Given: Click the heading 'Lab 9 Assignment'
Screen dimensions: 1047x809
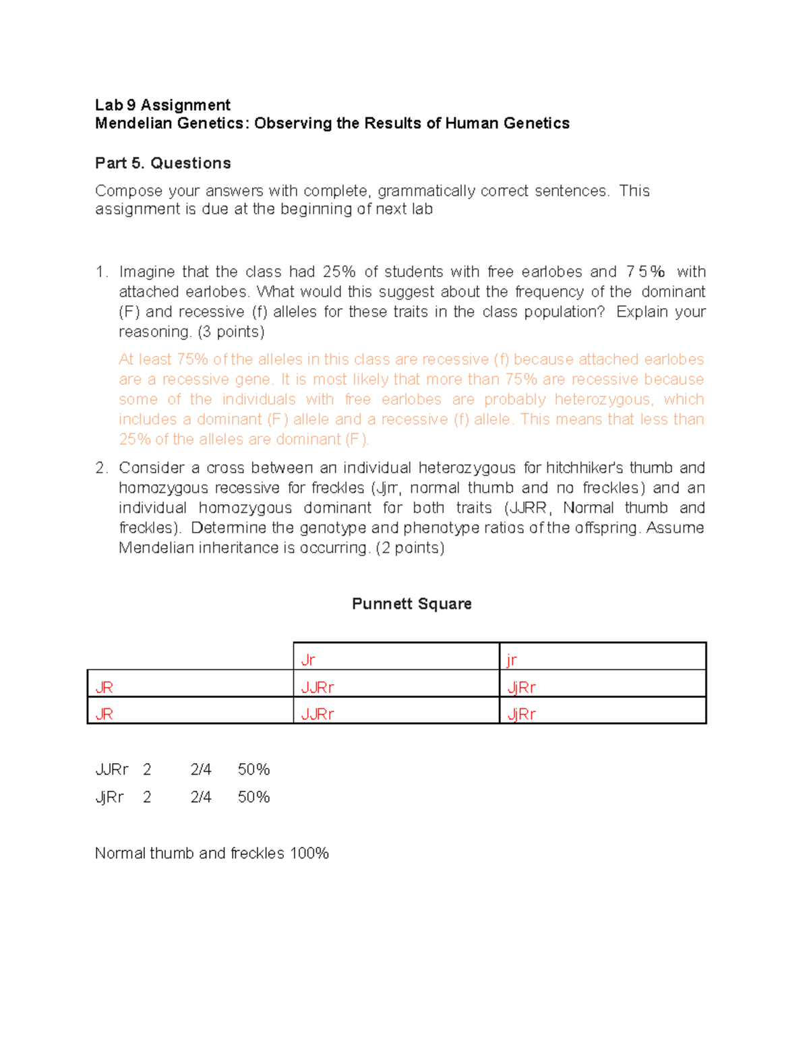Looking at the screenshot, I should coord(162,105).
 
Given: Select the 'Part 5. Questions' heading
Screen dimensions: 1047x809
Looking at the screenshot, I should coord(162,163).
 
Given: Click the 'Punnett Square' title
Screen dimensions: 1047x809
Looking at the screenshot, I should coord(411,604).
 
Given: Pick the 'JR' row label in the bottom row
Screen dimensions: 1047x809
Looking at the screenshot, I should coord(104,714).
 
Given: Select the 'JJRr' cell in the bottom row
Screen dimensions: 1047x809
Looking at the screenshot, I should coord(318,714).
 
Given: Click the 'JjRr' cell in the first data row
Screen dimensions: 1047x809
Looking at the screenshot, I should coord(521,688).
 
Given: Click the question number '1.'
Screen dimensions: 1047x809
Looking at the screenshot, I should coord(101,272).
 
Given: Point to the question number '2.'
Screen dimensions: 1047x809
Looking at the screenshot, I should coord(101,468).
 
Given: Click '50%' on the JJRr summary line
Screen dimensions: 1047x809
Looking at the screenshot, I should coord(253,770).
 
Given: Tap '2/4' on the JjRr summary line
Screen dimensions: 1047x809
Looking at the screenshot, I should coord(201,798).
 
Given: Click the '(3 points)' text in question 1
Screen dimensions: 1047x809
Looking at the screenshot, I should coord(231,332).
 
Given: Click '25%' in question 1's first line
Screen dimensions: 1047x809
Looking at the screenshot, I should coord(338,272).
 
